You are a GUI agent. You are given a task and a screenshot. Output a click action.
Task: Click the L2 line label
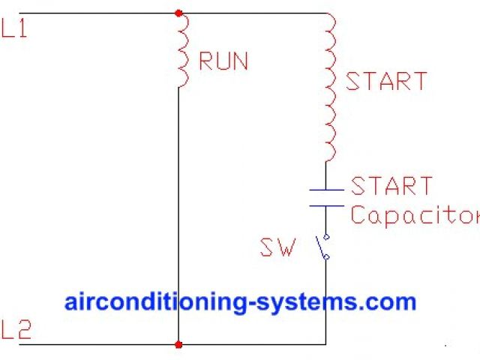pyautogui.click(x=16, y=330)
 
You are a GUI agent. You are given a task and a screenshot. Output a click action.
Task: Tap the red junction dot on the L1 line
pyautogui.click(x=178, y=13)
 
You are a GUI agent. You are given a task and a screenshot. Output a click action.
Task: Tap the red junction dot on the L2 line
pyautogui.click(x=178, y=345)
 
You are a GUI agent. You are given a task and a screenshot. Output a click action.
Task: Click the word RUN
pyautogui.click(x=223, y=61)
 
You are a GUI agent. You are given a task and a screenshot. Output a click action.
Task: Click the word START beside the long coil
pyautogui.click(x=386, y=81)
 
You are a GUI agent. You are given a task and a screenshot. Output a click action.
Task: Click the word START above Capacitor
pyautogui.click(x=391, y=186)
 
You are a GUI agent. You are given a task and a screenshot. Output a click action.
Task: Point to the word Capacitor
pyautogui.click(x=415, y=216)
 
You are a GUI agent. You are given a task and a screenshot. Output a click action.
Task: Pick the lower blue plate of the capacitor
pyautogui.click(x=326, y=204)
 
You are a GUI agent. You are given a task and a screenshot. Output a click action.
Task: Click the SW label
pyautogui.click(x=277, y=247)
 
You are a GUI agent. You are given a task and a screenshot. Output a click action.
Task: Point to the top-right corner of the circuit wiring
pyautogui.click(x=325, y=13)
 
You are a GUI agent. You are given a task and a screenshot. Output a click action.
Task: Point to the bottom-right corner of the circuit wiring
pyautogui.click(x=325, y=345)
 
